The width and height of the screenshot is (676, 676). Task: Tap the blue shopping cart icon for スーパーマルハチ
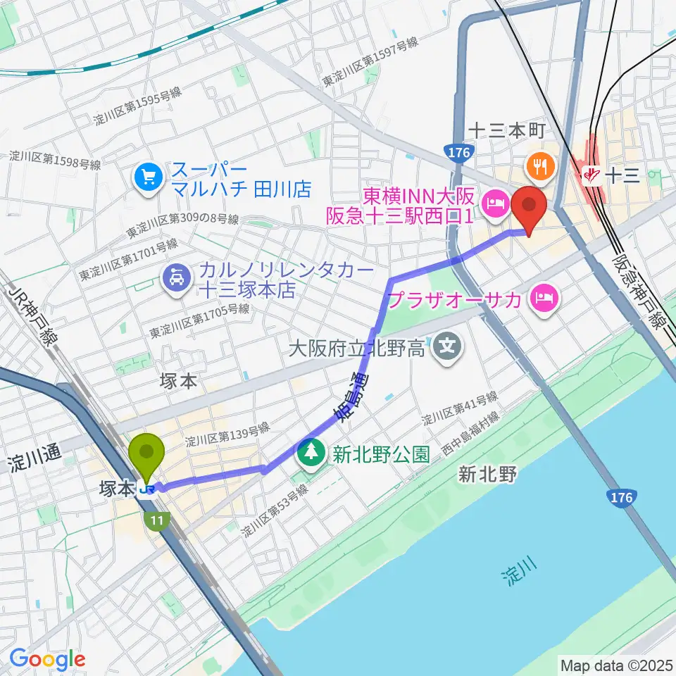pyautogui.click(x=149, y=175)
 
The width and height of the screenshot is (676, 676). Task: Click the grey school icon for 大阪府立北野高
pyautogui.click(x=446, y=345)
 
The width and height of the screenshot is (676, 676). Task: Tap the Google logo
pyautogui.click(x=47, y=659)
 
